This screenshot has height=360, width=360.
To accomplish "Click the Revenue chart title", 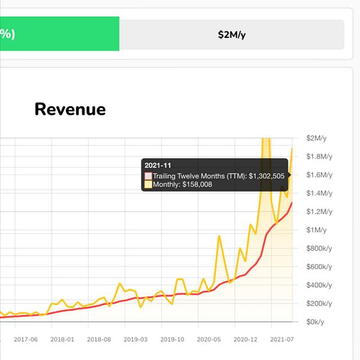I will pos(70,109).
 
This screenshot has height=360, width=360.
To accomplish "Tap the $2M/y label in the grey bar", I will pos(232,34).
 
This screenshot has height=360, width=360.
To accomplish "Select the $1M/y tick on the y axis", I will pos(317,230).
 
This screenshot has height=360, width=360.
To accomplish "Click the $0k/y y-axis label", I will pos(319,322).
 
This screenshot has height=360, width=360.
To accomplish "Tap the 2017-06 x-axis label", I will pos(26,339).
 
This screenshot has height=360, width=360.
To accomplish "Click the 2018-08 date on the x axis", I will pos(99,339).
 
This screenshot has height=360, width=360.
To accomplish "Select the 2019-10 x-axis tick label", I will pos(173,339).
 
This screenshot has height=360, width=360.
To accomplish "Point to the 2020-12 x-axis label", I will pos(246,339).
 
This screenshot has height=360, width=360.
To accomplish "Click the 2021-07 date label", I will pos(283,339).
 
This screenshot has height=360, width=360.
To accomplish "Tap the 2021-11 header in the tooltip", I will pos(157,165).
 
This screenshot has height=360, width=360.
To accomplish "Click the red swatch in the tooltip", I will pos(148,176).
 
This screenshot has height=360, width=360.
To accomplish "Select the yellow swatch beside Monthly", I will pos(148,184).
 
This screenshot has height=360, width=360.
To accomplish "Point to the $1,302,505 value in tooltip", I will pos(262,176).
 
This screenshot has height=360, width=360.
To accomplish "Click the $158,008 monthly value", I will pos(197,184).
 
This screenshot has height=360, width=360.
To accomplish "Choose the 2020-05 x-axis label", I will pos(209,339).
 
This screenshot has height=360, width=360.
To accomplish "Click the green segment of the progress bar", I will pos(60,34).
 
